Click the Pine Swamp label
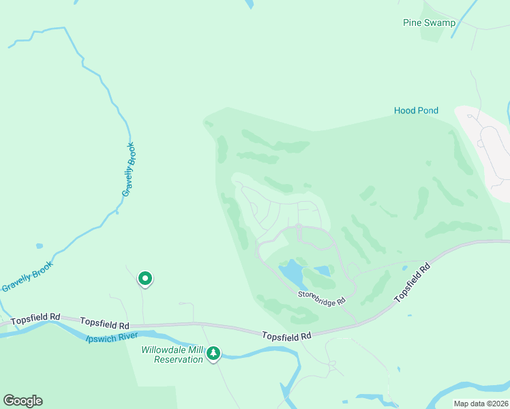click(428, 22)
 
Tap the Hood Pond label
click(416, 110)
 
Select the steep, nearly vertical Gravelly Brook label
click(128, 170)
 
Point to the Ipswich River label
click(112, 337)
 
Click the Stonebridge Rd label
click(322, 299)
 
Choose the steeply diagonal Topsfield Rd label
click(414, 282)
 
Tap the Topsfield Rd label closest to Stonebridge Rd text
click(287, 335)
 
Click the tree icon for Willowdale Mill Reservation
click(214, 352)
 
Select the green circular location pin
click(145, 278)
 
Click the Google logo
click(22, 401)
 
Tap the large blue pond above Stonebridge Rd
click(291, 273)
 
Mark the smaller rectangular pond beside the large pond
click(322, 271)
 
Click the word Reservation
click(178, 359)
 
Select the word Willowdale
click(163, 350)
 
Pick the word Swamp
click(441, 22)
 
